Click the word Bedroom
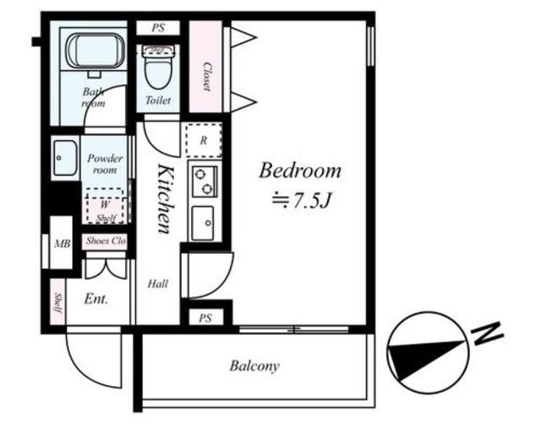tap(300, 171)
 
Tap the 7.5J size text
tap(302, 201)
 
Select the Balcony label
tap(254, 366)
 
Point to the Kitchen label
tap(165, 198)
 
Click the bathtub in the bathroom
tap(96, 51)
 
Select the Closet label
tap(206, 77)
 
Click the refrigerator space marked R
tap(204, 140)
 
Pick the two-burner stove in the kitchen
tap(205, 182)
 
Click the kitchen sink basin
tap(203, 223)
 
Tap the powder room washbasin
tap(65, 158)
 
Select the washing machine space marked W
tap(105, 206)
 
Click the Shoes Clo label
tap(105, 241)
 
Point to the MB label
tap(63, 244)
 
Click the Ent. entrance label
tap(96, 298)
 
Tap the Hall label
tap(158, 284)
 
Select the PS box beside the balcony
tap(205, 318)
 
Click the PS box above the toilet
tap(158, 28)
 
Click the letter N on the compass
tap(487, 334)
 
